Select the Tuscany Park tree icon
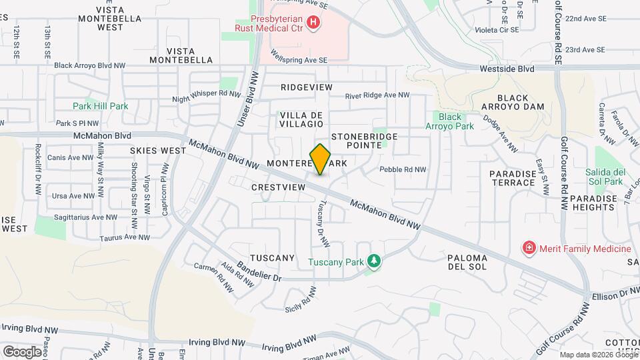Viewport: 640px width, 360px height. point(374,261)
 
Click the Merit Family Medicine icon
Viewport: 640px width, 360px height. point(529,249)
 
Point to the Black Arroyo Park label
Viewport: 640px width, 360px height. point(444,121)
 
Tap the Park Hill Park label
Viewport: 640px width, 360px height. point(101,106)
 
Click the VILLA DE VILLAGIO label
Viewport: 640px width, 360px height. point(301,119)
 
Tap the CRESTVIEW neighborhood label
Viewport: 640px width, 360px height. point(278,187)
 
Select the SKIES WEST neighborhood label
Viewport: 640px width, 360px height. point(158,151)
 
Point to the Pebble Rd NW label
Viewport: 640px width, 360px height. point(403,169)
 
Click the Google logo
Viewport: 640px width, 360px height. point(22,351)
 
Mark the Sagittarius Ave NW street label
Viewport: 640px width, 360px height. point(80,217)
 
